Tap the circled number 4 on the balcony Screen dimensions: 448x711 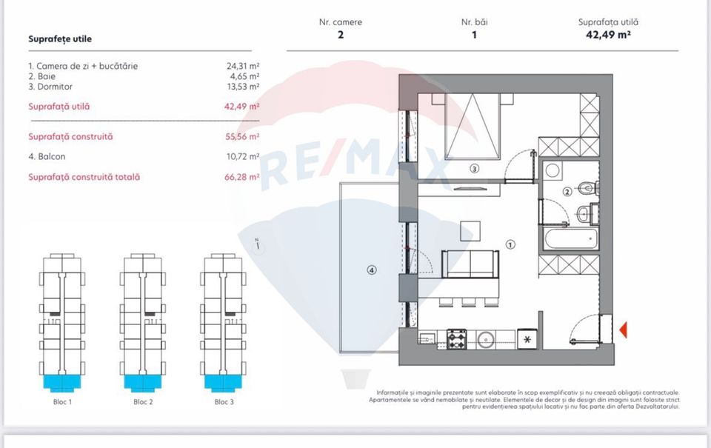[371, 270]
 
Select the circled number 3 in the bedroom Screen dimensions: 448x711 [474, 169]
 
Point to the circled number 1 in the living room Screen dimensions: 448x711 [510, 244]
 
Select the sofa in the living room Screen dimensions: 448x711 [469, 264]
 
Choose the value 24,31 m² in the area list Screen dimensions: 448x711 [243, 66]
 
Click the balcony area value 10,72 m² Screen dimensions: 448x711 [243, 157]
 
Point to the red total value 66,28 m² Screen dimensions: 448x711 [243, 177]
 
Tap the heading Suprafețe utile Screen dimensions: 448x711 [60, 39]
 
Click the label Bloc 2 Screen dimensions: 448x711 [143, 402]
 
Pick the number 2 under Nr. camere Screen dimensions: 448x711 [341, 34]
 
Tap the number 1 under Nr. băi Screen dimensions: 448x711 [474, 34]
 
